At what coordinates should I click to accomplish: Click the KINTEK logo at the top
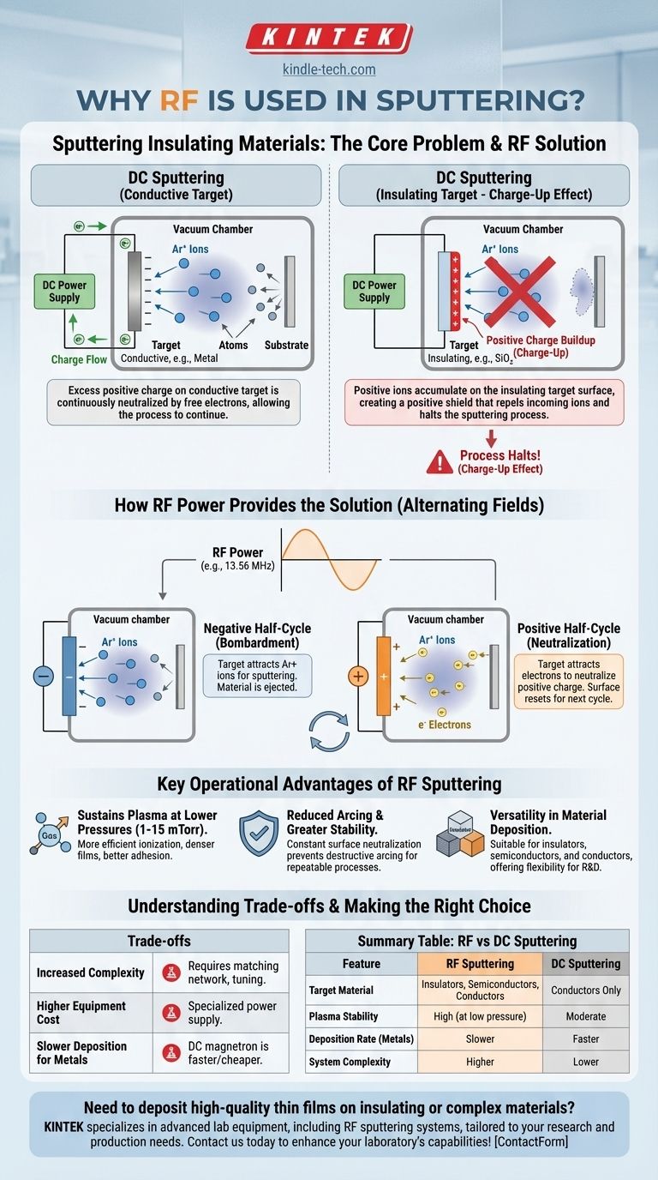pos(329,39)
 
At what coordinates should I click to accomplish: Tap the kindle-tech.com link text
pos(329,70)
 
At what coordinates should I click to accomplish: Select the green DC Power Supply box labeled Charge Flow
pos(64,291)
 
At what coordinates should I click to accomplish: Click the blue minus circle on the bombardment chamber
pos(43,676)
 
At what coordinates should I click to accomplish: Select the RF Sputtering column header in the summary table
pos(480,964)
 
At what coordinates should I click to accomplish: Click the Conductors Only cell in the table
pos(586,990)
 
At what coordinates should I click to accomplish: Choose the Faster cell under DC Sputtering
pos(586,1039)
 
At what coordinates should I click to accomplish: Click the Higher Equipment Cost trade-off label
pos(81,1012)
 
